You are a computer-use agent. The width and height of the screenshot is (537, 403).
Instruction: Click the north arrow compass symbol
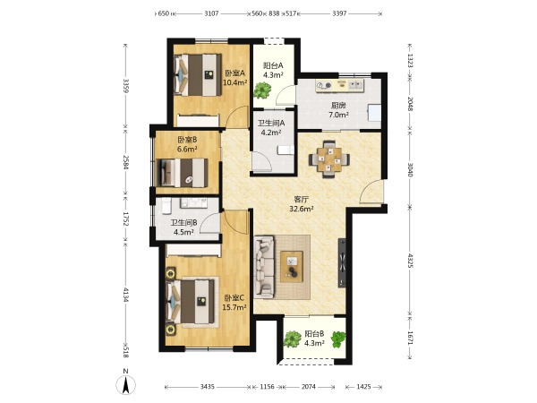point(126,384)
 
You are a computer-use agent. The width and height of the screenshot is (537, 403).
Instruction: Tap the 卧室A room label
point(235,73)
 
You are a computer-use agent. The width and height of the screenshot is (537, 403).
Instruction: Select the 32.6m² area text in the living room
point(302,209)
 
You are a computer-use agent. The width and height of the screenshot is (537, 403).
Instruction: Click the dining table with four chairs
point(329,159)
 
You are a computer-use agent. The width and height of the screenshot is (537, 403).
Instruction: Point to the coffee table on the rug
point(292,267)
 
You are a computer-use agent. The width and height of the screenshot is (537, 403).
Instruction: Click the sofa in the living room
point(265,266)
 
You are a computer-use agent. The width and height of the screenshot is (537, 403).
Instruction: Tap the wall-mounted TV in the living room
point(342,262)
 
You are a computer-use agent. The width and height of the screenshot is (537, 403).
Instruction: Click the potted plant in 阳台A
point(262,90)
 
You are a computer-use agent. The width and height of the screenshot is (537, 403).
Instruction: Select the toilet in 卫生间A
point(285,150)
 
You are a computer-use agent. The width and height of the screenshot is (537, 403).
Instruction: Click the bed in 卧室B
point(182,173)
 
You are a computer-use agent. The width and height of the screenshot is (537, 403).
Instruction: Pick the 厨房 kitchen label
point(338,106)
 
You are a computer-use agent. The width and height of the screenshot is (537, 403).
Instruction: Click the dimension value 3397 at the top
point(339,13)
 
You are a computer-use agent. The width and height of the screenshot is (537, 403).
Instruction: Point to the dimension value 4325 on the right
point(410,260)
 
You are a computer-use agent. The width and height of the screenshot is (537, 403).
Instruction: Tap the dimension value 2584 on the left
point(126,163)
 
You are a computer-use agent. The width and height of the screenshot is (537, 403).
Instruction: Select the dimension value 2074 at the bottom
point(308,387)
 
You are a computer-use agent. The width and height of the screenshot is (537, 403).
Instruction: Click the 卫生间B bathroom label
point(183,222)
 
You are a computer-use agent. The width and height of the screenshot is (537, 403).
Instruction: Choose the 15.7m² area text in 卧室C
point(234,307)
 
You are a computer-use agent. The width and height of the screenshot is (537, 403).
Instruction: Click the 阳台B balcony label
point(315,333)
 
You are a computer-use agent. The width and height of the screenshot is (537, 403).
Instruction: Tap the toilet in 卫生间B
point(166,205)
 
